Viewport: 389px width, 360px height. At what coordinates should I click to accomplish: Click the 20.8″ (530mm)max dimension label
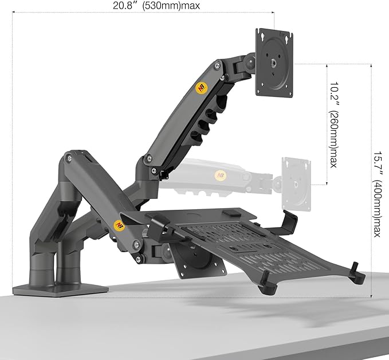click(x=156, y=6)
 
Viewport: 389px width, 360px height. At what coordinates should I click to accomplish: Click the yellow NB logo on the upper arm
click(x=202, y=88)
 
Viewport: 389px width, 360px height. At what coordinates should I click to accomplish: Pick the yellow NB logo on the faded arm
click(x=219, y=175)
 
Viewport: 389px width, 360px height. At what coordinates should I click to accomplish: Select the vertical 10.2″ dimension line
click(x=326, y=123)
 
